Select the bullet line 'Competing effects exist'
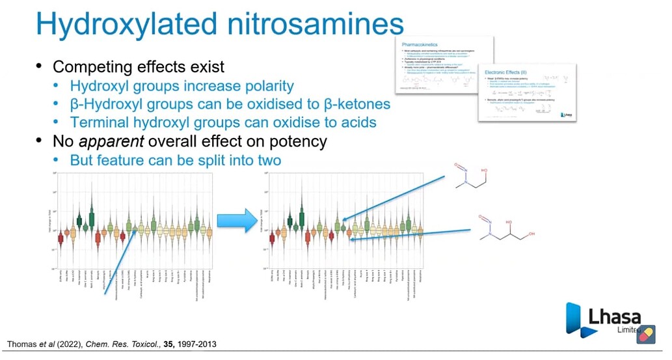[138, 66]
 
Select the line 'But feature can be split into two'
[176, 159]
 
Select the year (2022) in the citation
[67, 344]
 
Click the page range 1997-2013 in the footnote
[195, 344]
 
